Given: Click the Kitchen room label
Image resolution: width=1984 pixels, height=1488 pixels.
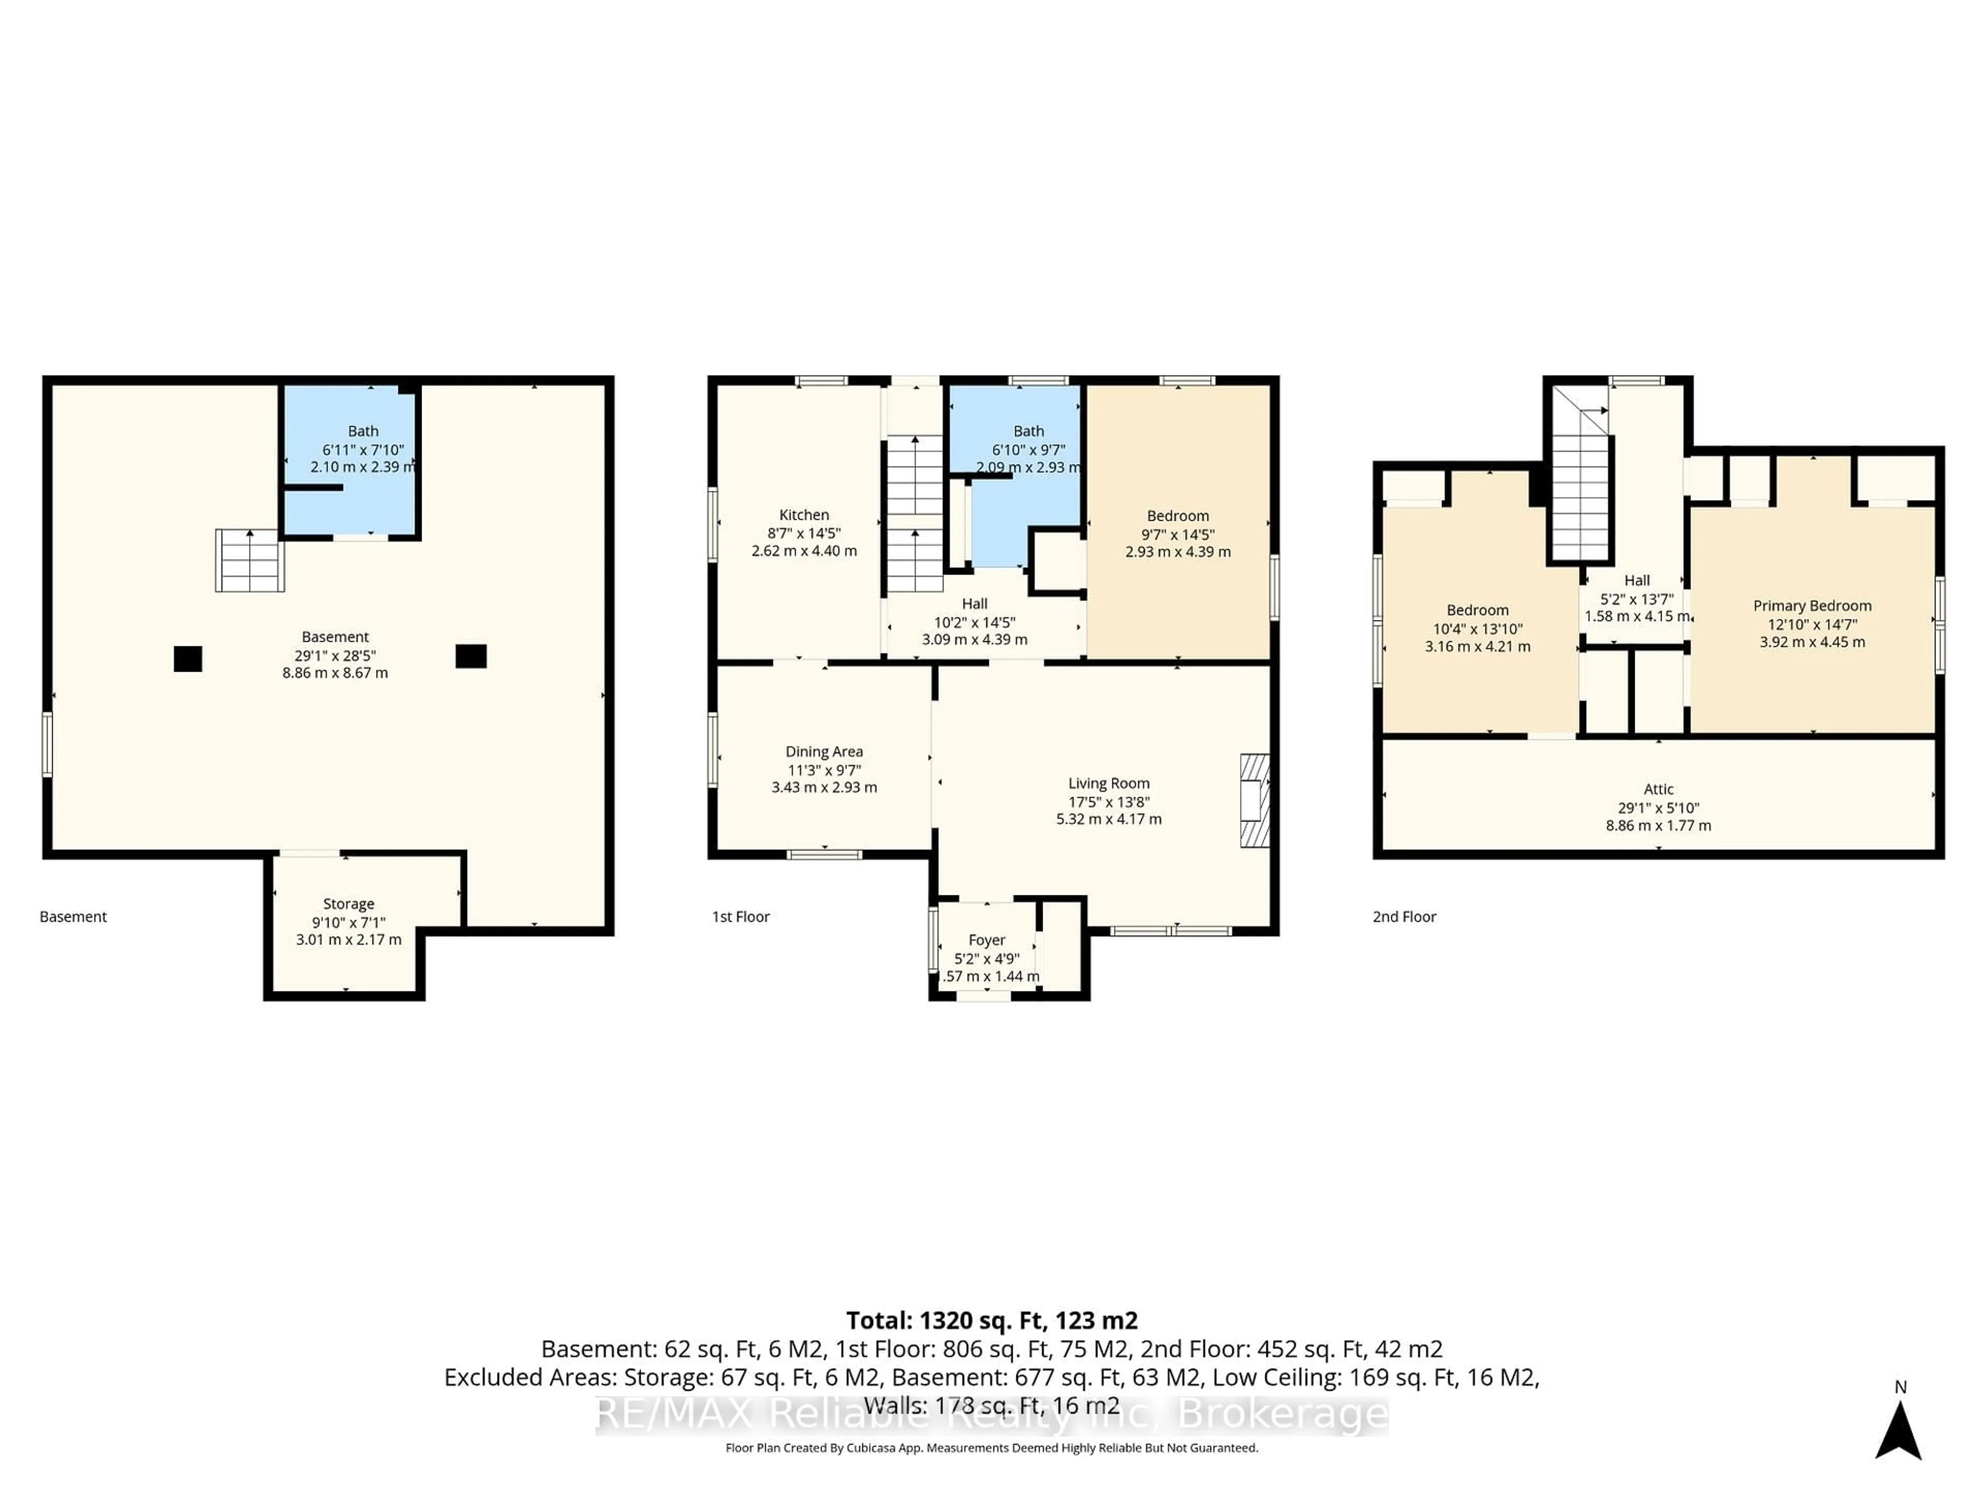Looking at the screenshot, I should [x=803, y=515].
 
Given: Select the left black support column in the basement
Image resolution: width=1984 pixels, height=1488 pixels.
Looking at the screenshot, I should [x=188, y=658].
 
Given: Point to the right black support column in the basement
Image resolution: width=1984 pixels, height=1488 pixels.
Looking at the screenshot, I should [x=471, y=656].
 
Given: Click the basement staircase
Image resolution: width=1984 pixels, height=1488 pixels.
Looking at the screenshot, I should [x=250, y=561].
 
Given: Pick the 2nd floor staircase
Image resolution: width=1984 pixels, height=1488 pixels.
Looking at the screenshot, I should [x=1580, y=498].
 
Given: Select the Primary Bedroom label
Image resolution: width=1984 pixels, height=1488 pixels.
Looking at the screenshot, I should [x=1812, y=606].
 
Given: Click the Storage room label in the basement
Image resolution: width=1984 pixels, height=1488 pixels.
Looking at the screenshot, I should [x=348, y=904].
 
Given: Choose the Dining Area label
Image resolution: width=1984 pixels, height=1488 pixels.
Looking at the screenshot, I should [x=824, y=752].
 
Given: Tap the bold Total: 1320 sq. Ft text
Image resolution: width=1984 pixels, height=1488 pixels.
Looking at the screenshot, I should [x=991, y=1320].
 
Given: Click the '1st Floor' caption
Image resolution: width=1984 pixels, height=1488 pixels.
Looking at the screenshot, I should [x=741, y=917].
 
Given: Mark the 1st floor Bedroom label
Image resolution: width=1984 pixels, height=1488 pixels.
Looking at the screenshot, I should [x=1177, y=516].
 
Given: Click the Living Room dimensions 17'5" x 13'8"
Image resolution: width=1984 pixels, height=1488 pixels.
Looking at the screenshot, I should [x=1109, y=802].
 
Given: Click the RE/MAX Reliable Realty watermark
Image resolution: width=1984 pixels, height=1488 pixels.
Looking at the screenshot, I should [x=991, y=1415].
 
